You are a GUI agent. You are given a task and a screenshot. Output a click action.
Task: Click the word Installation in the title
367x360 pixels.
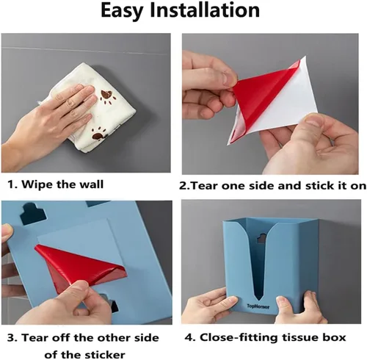[x=205, y=10]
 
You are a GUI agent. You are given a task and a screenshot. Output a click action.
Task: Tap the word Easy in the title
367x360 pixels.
[x=122, y=11]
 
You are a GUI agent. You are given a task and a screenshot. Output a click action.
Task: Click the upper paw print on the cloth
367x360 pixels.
[x=107, y=97]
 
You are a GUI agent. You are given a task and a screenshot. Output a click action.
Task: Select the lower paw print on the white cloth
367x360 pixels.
[x=99, y=134]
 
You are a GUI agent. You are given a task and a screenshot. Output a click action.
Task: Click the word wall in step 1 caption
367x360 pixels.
[x=93, y=184]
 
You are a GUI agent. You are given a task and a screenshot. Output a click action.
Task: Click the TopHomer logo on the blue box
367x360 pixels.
[x=258, y=306]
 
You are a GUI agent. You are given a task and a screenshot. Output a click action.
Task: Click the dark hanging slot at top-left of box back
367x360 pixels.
[x=33, y=215]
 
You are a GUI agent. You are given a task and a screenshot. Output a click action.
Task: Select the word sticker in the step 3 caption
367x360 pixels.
[x=105, y=354]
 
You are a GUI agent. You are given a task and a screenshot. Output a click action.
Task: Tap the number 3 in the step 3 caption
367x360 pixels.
[x=11, y=338]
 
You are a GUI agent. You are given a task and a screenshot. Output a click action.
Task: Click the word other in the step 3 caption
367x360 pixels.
[x=113, y=338]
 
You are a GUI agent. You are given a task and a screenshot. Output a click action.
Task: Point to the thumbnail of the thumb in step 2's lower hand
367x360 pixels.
[x=313, y=120]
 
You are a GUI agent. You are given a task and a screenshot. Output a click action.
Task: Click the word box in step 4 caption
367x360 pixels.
[x=335, y=337]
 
